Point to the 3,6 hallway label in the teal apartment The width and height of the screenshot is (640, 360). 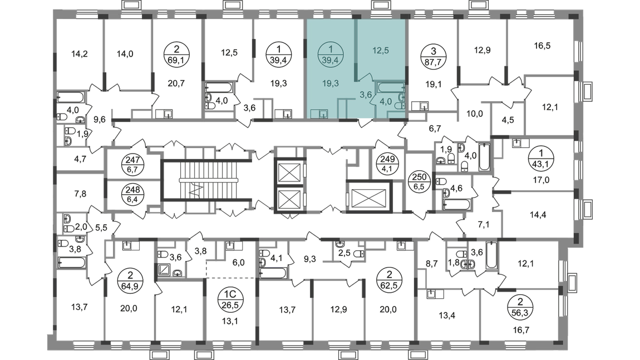[365, 95]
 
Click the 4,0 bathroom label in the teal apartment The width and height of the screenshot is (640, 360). [385, 102]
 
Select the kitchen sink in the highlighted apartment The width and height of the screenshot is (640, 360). [319, 114]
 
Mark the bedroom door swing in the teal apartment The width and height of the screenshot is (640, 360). [365, 78]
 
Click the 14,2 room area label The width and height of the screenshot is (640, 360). [80, 55]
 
